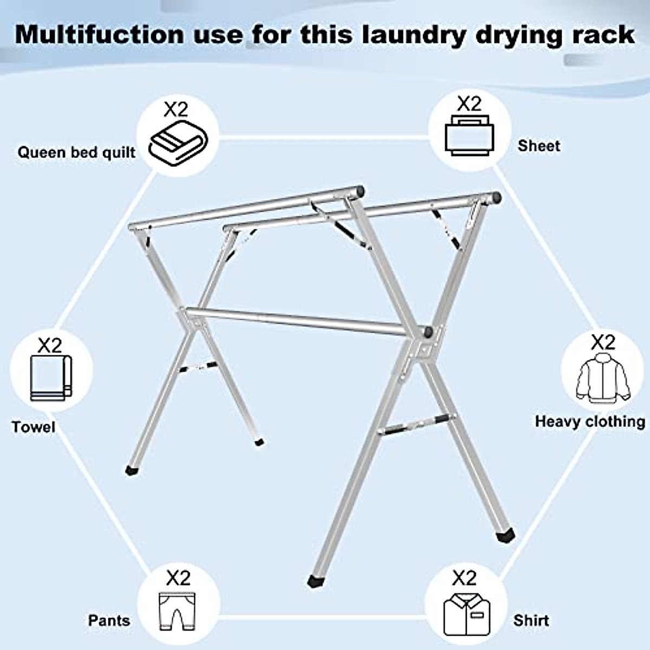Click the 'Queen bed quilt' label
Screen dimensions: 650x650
(76, 152)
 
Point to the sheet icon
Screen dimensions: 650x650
(469, 135)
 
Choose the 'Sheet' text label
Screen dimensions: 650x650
(538, 146)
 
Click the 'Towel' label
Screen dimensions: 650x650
(34, 427)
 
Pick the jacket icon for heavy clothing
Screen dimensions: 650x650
(602, 378)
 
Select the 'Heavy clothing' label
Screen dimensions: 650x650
(590, 421)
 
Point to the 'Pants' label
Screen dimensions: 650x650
(109, 620)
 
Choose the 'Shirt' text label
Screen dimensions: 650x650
(531, 620)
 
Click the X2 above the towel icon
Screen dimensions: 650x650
(50, 345)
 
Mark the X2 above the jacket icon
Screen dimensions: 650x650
(602, 342)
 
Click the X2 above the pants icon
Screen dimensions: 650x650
(178, 578)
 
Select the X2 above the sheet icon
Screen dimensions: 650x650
(469, 103)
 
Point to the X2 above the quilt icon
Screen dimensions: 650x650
(176, 110)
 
